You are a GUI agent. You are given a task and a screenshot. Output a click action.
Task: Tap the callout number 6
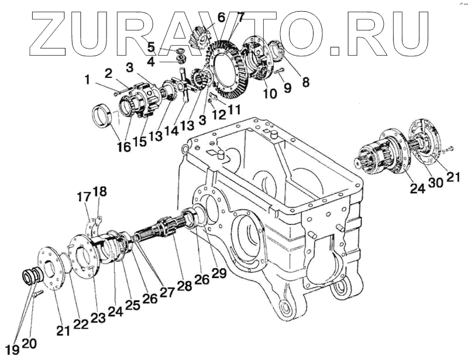pos(221,17)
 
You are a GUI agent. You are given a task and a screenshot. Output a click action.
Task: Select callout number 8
pos(305,83)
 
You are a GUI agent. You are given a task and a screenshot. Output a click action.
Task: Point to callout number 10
pos(270,93)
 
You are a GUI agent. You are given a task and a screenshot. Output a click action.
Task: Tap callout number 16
pos(123,146)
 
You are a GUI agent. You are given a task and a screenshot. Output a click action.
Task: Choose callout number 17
pos(85,197)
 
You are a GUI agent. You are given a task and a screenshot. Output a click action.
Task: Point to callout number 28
pos(185,286)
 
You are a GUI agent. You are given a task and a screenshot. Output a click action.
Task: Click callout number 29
pos(219,273)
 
